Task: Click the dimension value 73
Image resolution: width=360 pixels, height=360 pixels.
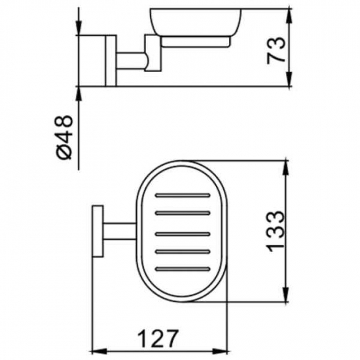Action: [x=278, y=50]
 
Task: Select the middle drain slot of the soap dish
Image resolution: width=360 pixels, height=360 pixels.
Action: [x=183, y=232]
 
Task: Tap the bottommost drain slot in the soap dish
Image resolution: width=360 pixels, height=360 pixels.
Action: [x=183, y=270]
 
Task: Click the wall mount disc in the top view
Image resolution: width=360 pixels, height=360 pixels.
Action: [x=96, y=232]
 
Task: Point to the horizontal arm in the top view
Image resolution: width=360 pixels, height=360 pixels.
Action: [x=121, y=232]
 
